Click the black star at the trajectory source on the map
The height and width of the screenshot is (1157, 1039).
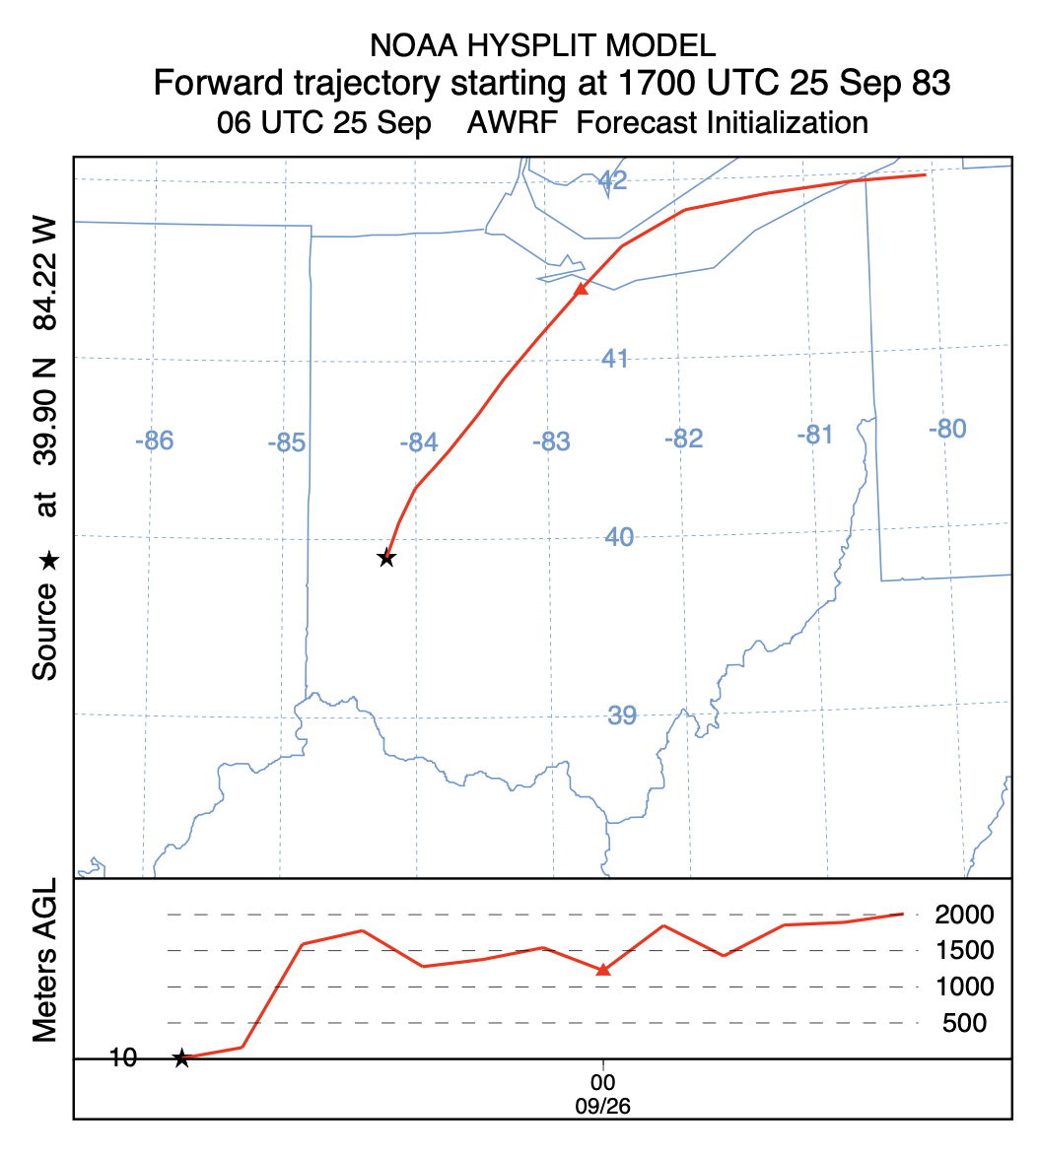(x=386, y=558)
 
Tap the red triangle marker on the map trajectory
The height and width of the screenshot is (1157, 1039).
(x=582, y=289)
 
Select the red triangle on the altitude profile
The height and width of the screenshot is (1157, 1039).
(x=604, y=970)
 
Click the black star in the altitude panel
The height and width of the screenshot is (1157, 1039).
(x=181, y=1058)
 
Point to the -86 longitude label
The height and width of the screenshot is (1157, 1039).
(x=154, y=441)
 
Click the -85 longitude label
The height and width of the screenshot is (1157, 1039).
(x=286, y=442)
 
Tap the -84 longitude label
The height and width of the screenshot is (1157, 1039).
(x=418, y=442)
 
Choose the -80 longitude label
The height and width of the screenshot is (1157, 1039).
(x=946, y=429)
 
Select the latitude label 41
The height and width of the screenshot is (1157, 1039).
(x=615, y=358)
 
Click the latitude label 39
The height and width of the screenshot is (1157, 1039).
(x=622, y=715)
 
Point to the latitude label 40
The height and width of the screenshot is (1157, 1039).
(x=619, y=537)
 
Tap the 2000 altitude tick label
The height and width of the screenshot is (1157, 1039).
(x=964, y=916)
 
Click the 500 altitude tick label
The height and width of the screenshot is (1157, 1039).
(x=964, y=1023)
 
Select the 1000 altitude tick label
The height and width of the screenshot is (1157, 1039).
(x=964, y=987)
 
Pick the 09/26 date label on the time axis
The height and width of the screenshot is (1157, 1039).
(x=603, y=1106)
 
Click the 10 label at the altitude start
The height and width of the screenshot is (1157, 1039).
(x=124, y=1058)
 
